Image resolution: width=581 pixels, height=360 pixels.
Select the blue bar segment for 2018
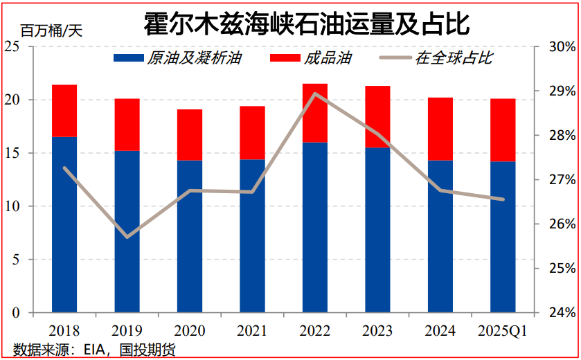64,224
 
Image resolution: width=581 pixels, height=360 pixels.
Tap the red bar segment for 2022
315,113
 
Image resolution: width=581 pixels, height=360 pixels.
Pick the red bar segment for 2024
440,129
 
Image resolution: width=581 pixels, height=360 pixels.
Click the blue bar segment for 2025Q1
503,237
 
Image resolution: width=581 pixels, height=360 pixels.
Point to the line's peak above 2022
315,93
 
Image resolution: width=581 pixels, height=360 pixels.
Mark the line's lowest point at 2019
127,237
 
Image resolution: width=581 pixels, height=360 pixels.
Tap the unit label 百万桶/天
51,30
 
